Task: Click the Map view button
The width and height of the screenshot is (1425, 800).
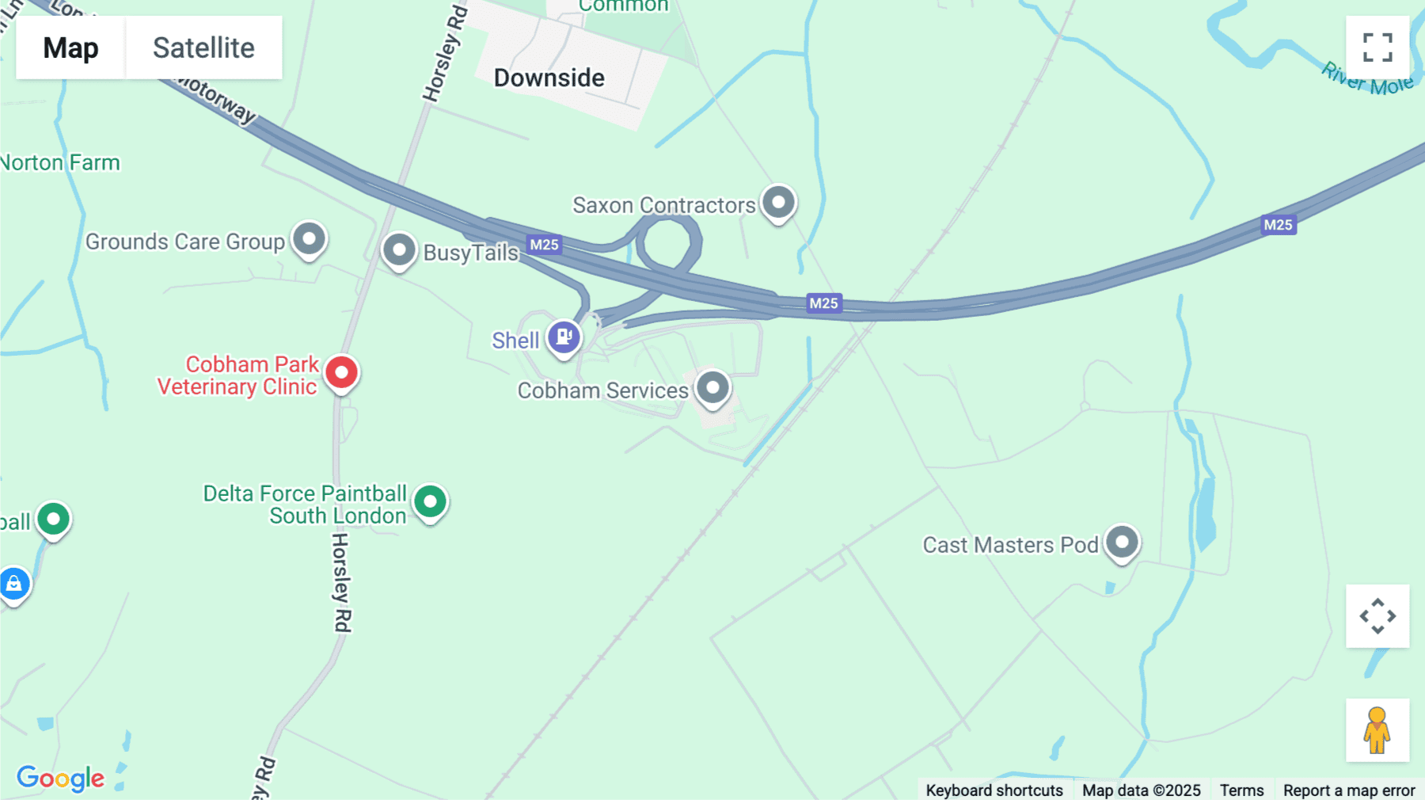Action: [x=70, y=48]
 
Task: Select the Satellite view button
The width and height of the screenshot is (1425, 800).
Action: [x=203, y=48]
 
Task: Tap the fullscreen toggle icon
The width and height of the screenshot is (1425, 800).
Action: [x=1377, y=48]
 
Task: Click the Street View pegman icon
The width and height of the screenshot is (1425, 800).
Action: [x=1377, y=730]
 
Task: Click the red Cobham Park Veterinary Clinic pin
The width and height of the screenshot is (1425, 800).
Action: [x=342, y=372]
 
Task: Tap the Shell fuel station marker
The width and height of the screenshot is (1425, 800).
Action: [x=564, y=337]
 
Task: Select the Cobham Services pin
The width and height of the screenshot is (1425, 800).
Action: [x=712, y=388]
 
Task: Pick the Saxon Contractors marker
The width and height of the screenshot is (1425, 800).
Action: [x=778, y=203]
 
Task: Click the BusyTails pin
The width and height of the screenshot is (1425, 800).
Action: [x=399, y=250]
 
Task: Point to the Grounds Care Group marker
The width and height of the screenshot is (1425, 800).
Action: [x=309, y=238]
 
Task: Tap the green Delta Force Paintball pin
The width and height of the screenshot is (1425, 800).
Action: [x=431, y=501]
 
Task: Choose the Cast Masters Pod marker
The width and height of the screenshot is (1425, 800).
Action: [x=1122, y=543]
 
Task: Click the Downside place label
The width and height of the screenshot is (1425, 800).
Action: [x=549, y=78]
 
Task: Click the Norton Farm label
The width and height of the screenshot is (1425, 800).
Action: [x=60, y=162]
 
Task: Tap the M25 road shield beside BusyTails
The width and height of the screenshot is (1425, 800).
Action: [x=544, y=245]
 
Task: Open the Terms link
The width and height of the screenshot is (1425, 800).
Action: [x=1241, y=790]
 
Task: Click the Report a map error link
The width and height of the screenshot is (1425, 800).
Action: [x=1349, y=790]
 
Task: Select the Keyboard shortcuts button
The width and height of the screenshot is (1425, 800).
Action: [x=994, y=790]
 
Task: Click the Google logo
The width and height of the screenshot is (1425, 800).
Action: [x=60, y=778]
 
